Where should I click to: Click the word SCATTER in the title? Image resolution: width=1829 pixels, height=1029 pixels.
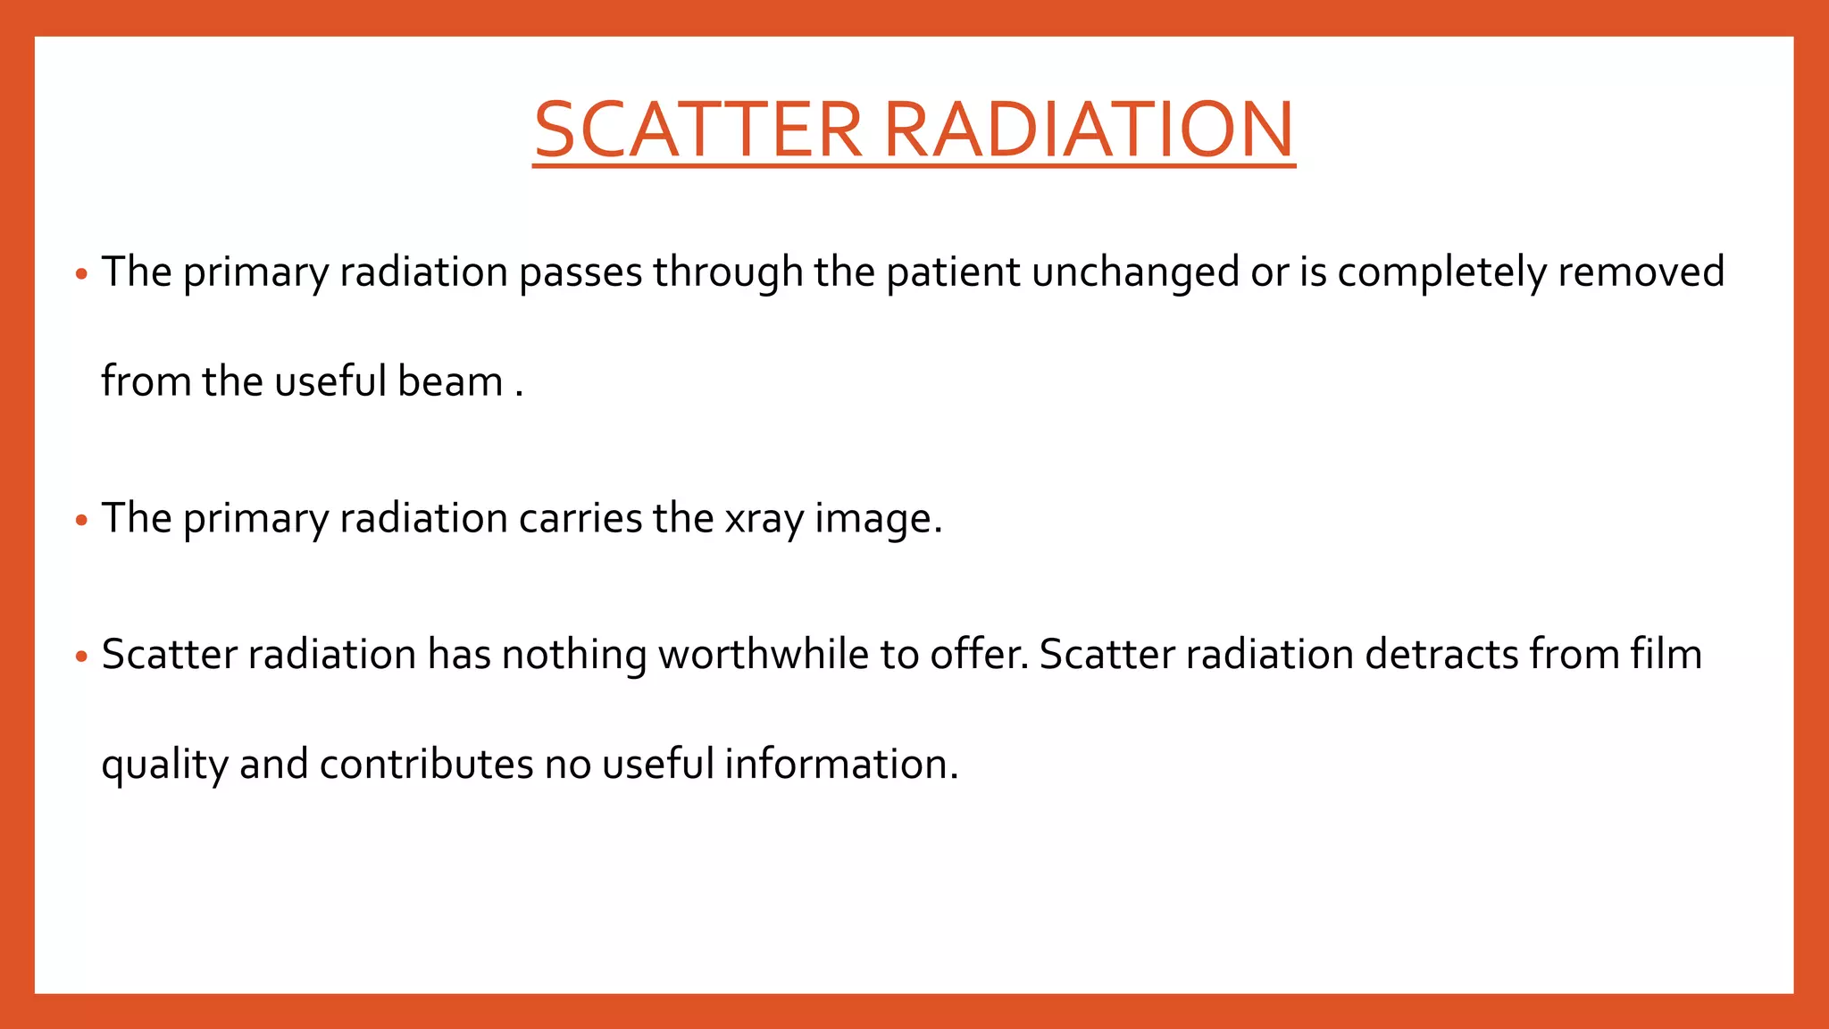pos(697,130)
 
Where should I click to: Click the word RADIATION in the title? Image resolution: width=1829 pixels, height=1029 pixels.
pos(1089,130)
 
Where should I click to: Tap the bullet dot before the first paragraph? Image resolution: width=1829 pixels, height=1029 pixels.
pos(81,274)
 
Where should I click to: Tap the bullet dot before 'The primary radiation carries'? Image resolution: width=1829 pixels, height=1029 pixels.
pos(81,520)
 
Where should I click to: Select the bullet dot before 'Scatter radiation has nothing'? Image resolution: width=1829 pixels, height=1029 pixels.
pos(81,657)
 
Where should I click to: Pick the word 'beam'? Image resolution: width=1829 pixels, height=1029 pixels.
pos(450,382)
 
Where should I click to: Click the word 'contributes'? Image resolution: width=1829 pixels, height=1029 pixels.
pos(426,765)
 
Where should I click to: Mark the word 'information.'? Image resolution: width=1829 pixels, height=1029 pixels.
pos(841,765)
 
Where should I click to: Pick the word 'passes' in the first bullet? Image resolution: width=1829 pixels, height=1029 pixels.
pos(580,272)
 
